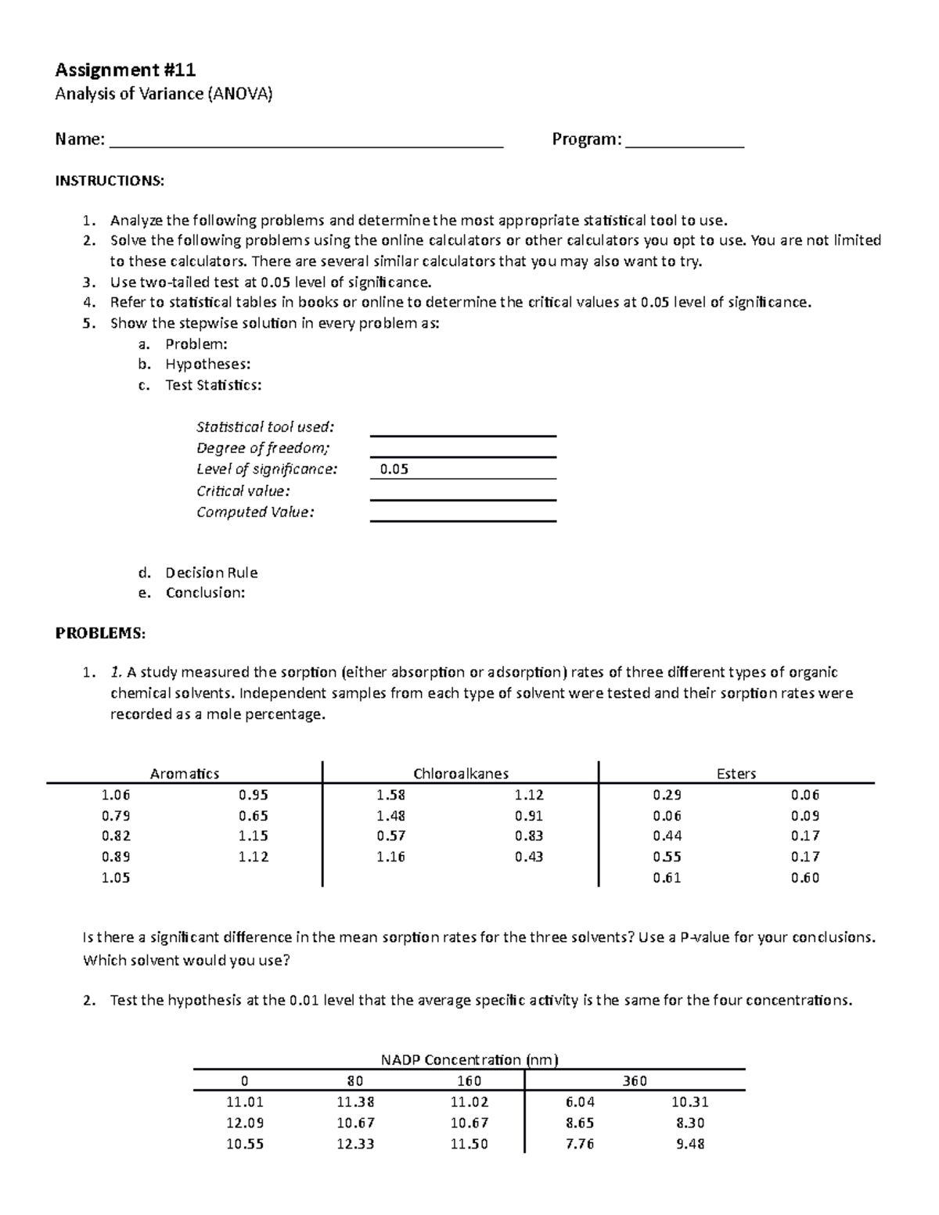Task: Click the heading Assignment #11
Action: tap(125, 70)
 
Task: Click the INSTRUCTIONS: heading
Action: tap(110, 181)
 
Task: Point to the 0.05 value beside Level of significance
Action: tap(394, 469)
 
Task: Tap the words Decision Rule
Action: tap(211, 572)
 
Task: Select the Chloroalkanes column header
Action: tap(461, 774)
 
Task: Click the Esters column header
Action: tap(736, 774)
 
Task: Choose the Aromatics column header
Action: tap(185, 774)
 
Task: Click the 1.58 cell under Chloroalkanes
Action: tap(390, 795)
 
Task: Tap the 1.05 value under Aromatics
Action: tap(116, 878)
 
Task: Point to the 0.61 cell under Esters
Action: tap(667, 878)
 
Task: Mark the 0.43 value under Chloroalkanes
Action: tap(529, 857)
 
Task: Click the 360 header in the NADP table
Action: tap(635, 1081)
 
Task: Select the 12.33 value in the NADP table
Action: tap(355, 1144)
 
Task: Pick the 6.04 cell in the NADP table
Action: tap(580, 1102)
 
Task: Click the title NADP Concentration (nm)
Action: tap(469, 1060)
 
